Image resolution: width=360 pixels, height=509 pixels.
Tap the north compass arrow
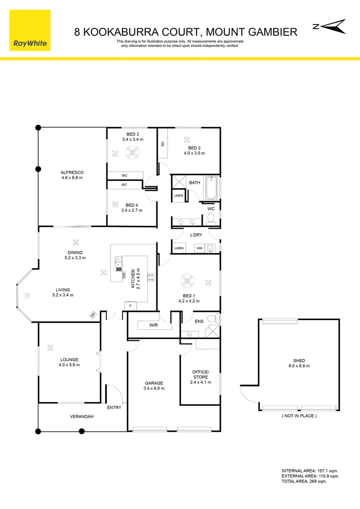pos(329,26)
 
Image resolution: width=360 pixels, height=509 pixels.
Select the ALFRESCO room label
pos(72,172)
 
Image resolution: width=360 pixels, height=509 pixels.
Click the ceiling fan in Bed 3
pos(131,152)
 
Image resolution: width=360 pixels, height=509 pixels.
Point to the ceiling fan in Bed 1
pos(188,282)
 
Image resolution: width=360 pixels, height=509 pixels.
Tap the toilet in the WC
pos(210,218)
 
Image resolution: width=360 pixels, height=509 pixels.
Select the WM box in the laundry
pos(199,248)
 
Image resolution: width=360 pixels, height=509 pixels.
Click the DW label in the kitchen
pos(123,276)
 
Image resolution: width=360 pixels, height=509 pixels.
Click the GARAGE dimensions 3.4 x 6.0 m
pos(154,389)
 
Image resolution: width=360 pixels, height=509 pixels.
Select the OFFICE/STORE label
pos(200,375)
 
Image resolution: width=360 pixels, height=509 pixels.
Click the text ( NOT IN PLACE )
pos(299,416)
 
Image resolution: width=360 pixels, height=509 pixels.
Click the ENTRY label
pos(114,408)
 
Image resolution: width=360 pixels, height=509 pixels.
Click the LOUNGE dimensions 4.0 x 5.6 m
pos(69,365)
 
